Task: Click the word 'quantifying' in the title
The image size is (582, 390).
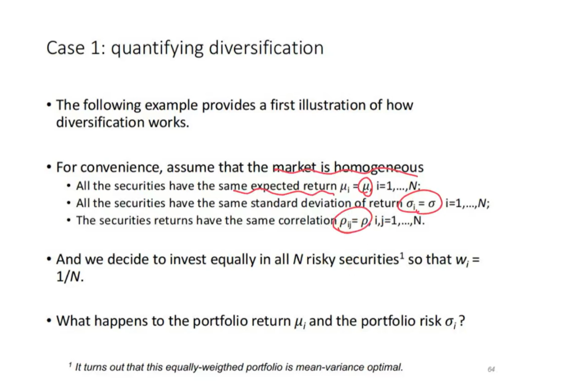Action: point(157,48)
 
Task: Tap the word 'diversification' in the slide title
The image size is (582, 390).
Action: point(266,48)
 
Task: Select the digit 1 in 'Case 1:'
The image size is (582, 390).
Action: point(96,48)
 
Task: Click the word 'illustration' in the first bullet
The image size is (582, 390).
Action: point(331,105)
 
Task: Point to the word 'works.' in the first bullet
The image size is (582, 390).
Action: point(169,122)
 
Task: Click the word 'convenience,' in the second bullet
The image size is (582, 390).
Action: point(121,167)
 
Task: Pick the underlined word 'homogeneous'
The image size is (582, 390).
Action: point(378,167)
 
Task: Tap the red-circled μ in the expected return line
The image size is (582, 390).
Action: point(366,186)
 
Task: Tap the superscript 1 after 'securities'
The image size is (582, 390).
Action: point(402,255)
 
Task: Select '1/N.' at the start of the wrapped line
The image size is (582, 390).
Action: point(70,277)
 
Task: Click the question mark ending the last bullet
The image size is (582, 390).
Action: point(462,321)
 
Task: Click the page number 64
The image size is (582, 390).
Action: point(491,369)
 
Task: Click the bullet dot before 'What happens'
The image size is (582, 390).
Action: point(49,321)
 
